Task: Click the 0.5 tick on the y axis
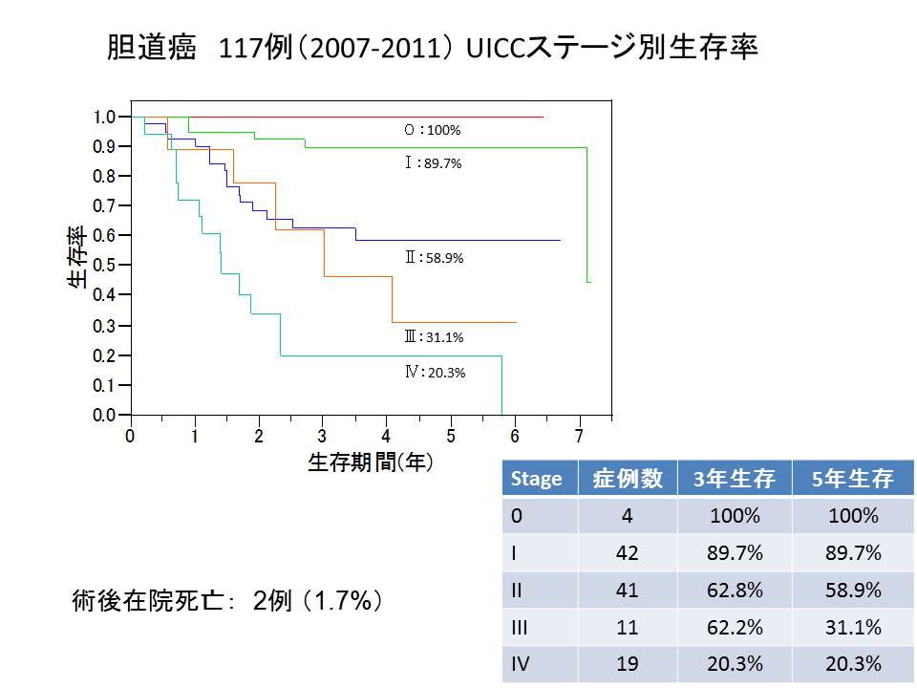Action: (x=104, y=266)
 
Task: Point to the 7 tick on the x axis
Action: (x=579, y=435)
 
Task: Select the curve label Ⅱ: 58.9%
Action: (x=434, y=258)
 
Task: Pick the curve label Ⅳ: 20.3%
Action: (x=435, y=373)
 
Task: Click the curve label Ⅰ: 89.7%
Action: (x=433, y=163)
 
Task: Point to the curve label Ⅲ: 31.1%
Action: (x=434, y=336)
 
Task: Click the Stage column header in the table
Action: (x=537, y=479)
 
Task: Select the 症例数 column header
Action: (x=628, y=479)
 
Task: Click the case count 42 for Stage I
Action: (x=628, y=553)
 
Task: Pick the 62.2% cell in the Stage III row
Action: (x=734, y=628)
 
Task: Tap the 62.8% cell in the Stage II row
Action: (x=734, y=591)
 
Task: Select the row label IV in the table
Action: (x=521, y=664)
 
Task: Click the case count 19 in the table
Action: (x=628, y=664)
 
